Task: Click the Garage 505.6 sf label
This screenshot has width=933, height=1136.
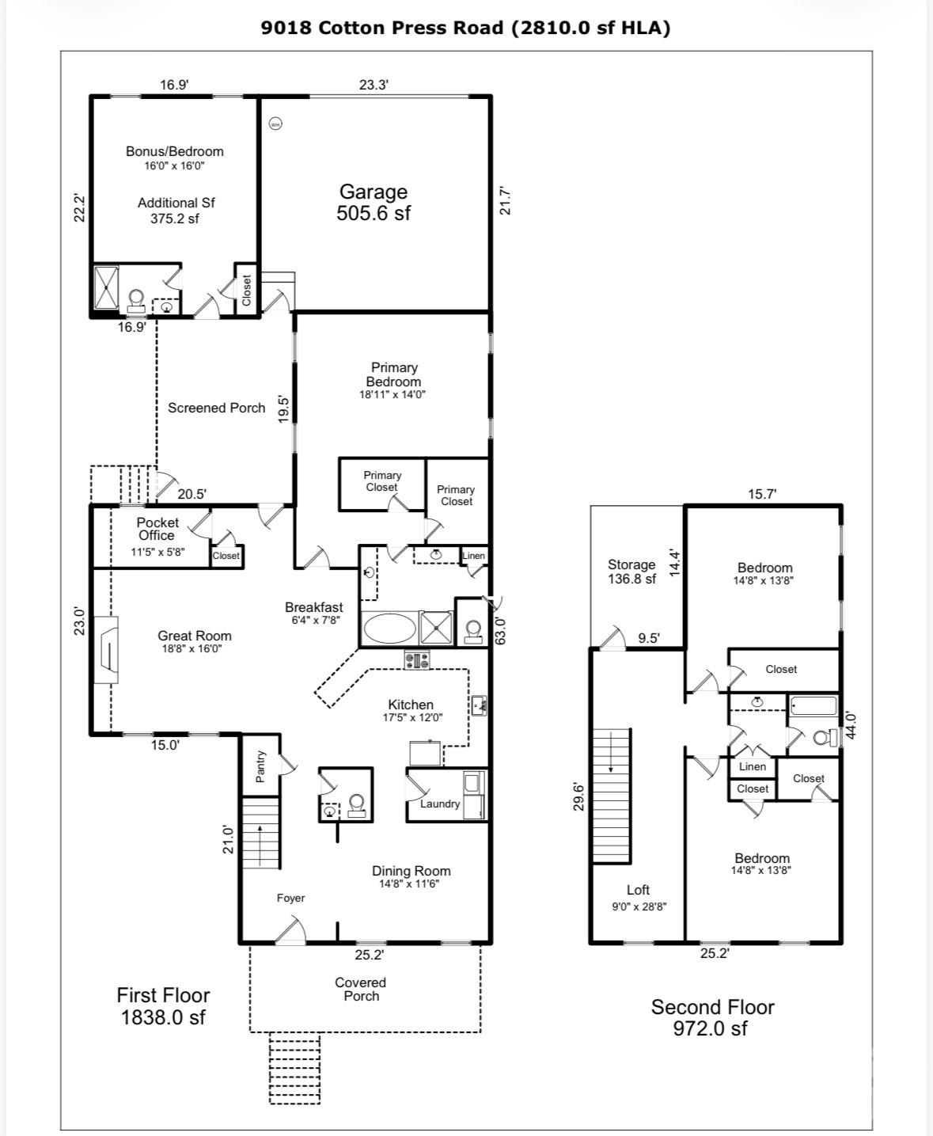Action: [374, 203]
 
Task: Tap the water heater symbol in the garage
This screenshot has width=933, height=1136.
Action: [275, 123]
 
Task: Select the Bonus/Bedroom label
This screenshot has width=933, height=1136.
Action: [175, 151]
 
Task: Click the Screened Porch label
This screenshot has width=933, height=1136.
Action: [216, 408]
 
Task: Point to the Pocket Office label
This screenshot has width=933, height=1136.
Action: [157, 529]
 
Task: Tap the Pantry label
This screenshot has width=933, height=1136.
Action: [260, 767]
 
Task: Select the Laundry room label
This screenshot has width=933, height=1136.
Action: [440, 804]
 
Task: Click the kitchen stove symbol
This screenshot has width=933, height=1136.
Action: [417, 659]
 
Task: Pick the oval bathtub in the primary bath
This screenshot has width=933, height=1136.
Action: [388, 629]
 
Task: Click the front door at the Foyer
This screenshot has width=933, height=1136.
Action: [290, 933]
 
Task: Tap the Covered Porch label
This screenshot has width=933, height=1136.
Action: [361, 989]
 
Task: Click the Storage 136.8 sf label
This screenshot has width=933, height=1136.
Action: [631, 572]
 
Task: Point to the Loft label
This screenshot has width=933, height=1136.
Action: [638, 890]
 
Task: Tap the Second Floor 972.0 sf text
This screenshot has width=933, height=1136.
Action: [712, 1017]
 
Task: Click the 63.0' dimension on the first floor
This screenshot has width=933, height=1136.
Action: [500, 631]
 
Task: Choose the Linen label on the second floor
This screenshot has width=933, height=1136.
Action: [752, 766]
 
